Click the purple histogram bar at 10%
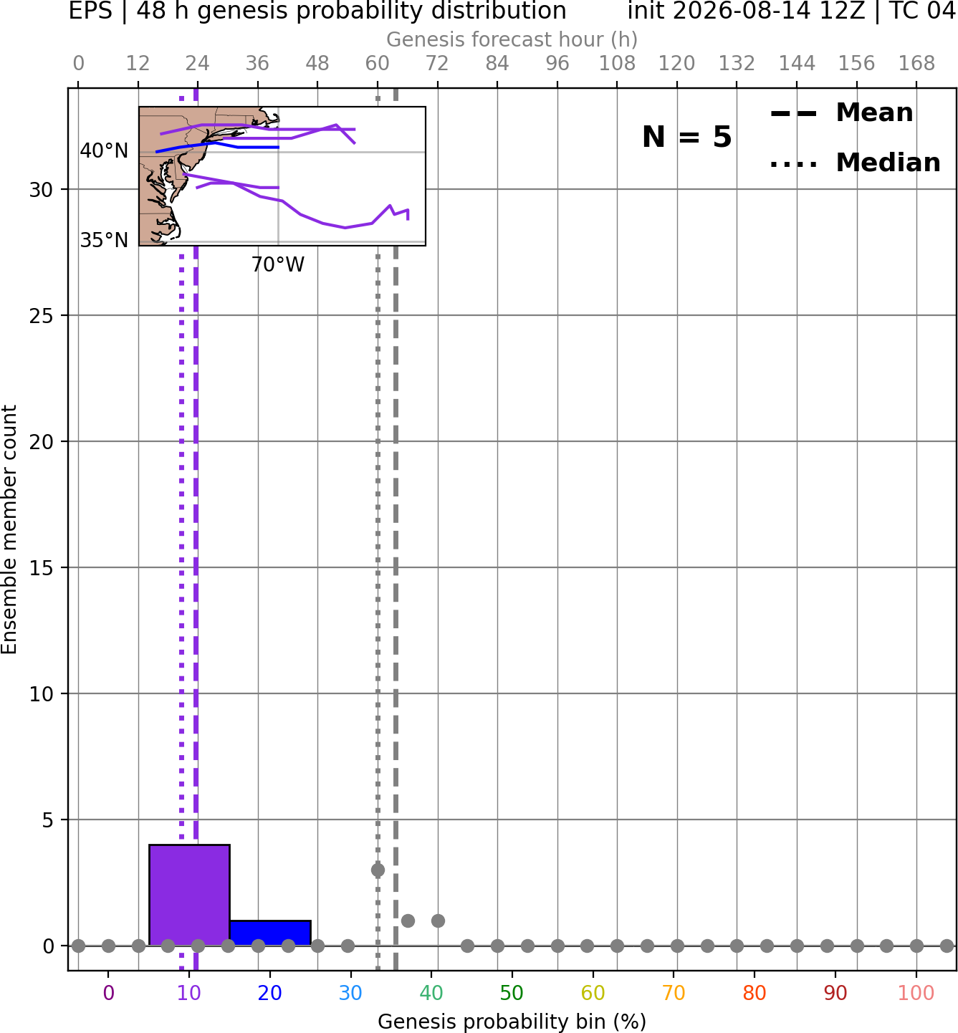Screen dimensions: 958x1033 tap(189, 895)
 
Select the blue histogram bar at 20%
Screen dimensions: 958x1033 tap(270, 933)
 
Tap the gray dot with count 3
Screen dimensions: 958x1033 tap(378, 870)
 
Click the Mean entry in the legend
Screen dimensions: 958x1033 tap(841, 113)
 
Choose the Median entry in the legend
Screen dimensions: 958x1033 tap(855, 163)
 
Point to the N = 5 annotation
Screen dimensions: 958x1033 tap(687, 137)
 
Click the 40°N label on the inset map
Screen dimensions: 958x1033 tap(104, 151)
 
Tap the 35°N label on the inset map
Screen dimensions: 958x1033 tap(104, 240)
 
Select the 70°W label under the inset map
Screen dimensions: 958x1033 tap(278, 265)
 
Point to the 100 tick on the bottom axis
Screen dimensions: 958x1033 tap(916, 994)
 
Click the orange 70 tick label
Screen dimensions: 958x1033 tap(674, 994)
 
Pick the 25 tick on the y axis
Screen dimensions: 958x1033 tap(42, 316)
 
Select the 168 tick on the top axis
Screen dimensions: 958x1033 tap(916, 64)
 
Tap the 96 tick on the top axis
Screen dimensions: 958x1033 tap(557, 64)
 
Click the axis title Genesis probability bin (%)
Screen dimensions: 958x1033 tap(512, 1022)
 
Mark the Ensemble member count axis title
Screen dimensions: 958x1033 tap(9, 529)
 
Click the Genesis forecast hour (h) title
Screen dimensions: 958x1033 tap(512, 39)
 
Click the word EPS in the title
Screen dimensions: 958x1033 tap(90, 11)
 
